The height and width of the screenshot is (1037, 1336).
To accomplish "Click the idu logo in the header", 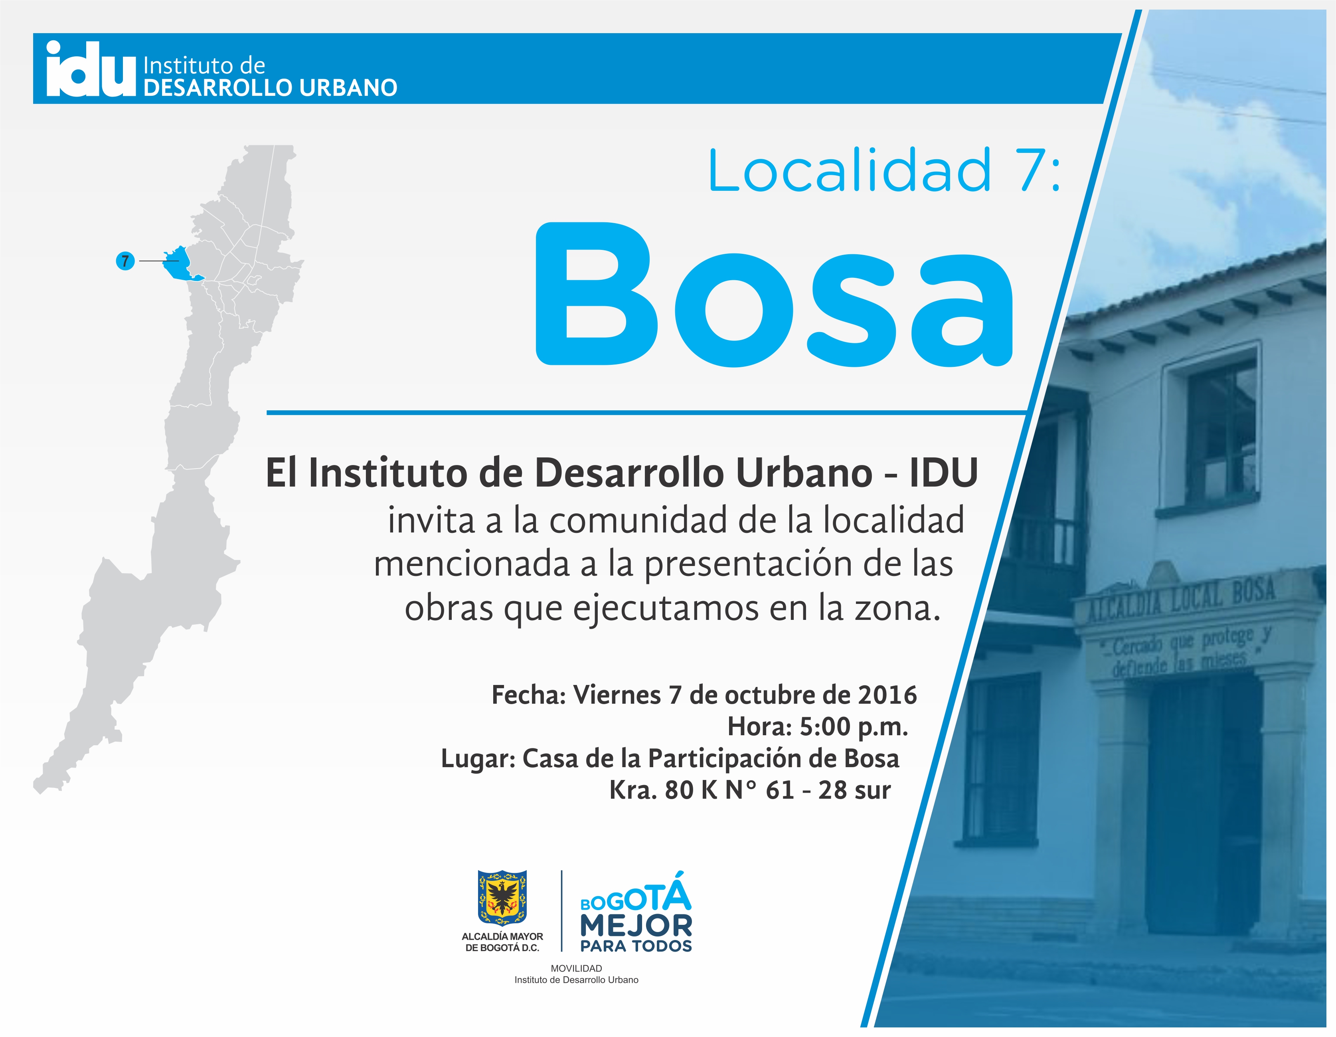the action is click(x=91, y=69).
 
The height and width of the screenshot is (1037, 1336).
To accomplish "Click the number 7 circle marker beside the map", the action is click(x=125, y=261).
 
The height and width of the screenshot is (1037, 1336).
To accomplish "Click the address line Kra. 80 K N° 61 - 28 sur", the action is click(x=750, y=790).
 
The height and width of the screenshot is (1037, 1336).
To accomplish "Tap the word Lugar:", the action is click(x=478, y=759).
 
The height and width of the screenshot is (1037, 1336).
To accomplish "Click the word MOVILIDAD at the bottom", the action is click(x=576, y=968).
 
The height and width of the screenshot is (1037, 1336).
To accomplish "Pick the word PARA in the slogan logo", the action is click(x=599, y=946).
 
